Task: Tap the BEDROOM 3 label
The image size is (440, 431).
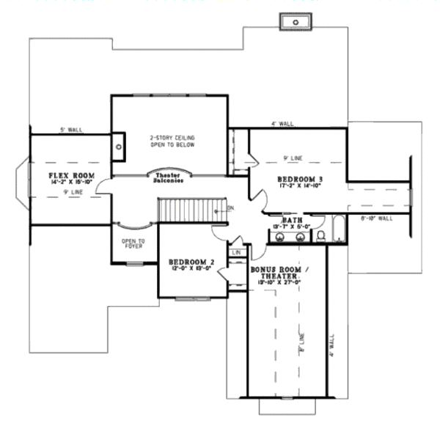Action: [x=300, y=180]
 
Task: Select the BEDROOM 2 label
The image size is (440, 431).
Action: [x=191, y=261]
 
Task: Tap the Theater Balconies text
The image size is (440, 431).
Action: [x=169, y=178]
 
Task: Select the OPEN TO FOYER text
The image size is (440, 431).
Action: [x=133, y=243]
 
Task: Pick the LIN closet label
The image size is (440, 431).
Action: [x=236, y=253]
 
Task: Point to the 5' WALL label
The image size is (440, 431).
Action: [x=71, y=130]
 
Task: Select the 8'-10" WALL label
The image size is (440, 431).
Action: [x=378, y=218]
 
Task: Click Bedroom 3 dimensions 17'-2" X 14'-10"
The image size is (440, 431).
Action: [x=300, y=187]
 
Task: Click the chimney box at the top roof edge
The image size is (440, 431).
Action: [x=296, y=23]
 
